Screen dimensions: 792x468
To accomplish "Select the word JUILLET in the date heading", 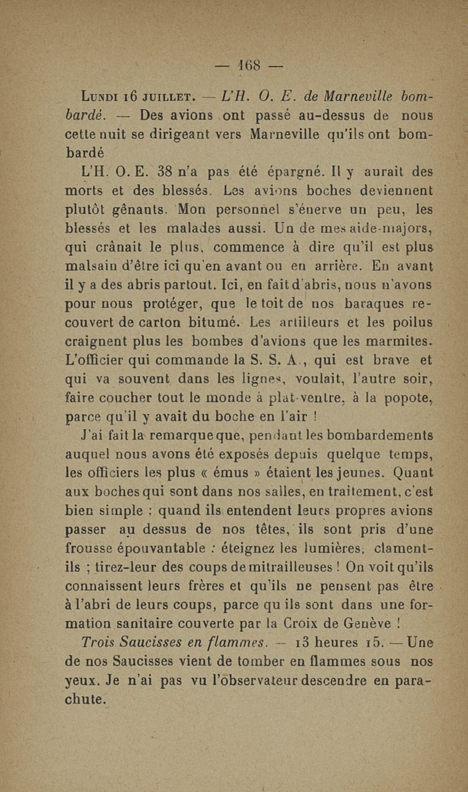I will click(169, 95).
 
